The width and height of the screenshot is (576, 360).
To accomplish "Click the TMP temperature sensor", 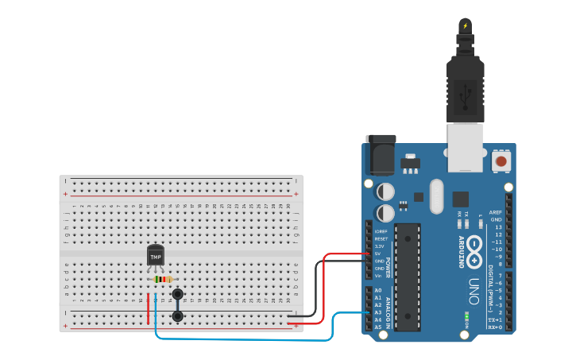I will (x=156, y=256).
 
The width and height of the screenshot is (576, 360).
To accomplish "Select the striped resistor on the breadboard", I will (x=162, y=279).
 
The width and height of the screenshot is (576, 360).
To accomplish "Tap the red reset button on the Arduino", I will (x=501, y=161).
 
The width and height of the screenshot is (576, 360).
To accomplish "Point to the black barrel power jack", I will (x=380, y=154).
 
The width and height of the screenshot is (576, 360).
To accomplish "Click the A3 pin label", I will (x=378, y=312).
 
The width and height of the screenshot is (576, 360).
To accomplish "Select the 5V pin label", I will (x=379, y=254).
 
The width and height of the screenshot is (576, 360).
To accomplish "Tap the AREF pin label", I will (x=496, y=212).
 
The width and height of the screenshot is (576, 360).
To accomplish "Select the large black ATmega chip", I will (x=407, y=277).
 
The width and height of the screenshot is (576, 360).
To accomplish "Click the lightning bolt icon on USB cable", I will (x=465, y=25).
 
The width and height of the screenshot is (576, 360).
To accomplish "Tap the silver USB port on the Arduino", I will (x=465, y=148).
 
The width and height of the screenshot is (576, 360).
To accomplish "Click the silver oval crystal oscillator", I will (x=435, y=196).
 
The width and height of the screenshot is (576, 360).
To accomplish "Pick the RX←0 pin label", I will (x=494, y=327).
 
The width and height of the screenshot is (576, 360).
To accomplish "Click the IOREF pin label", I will (x=381, y=231).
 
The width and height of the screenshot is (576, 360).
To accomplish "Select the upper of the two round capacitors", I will (x=385, y=192).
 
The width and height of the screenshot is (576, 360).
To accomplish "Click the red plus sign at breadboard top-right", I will (x=296, y=194).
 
